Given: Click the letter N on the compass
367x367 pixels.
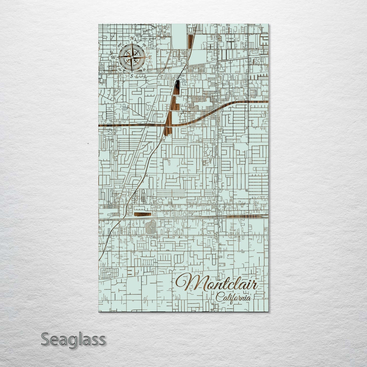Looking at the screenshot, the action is click(x=132, y=39).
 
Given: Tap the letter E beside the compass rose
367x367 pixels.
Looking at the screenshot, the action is click(x=150, y=57).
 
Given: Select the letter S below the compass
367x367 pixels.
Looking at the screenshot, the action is click(x=132, y=76).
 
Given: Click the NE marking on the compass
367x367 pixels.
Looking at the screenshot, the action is click(x=144, y=46).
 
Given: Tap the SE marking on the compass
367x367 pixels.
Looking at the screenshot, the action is click(x=144, y=69).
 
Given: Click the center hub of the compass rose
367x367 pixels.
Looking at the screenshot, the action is click(x=132, y=57).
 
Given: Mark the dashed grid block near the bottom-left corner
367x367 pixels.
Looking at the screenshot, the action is click(x=110, y=273).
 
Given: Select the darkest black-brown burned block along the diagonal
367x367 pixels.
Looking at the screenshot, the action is click(x=177, y=87).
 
